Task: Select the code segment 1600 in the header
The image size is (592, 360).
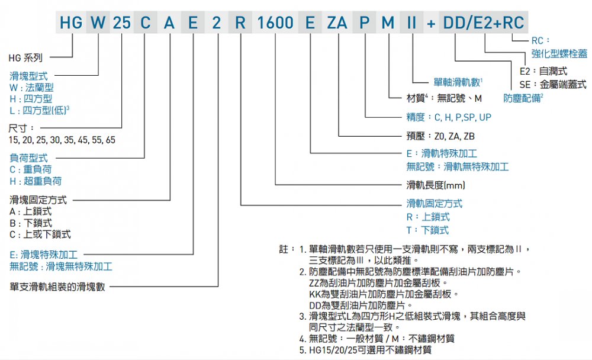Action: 275,23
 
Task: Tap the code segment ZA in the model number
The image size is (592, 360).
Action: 337,23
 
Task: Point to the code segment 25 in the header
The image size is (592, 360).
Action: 121,23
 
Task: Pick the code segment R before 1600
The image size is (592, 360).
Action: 240,23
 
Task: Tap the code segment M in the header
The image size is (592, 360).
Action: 387,23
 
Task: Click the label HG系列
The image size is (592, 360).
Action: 25,58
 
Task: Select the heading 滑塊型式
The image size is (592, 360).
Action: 28,76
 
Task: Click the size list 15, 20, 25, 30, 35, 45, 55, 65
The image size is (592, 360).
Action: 62,140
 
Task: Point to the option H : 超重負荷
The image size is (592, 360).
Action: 36,181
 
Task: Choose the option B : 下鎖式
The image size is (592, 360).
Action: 31,223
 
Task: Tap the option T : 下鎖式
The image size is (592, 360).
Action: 427,230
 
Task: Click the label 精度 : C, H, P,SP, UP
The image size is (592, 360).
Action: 449,117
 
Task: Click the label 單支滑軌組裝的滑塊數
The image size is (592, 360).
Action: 57,287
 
